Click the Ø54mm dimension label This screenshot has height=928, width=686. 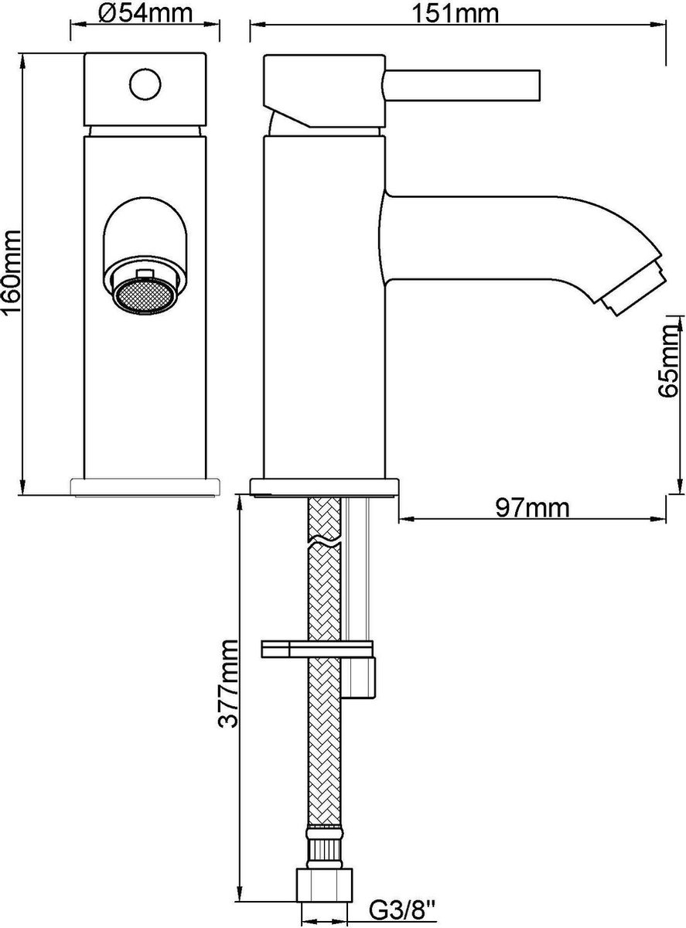[x=145, y=14]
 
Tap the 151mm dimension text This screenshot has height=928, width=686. [x=456, y=14]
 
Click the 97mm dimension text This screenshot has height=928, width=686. [x=532, y=508]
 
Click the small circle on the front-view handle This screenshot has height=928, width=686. [x=145, y=84]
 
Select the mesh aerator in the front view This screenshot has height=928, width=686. [x=145, y=296]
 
